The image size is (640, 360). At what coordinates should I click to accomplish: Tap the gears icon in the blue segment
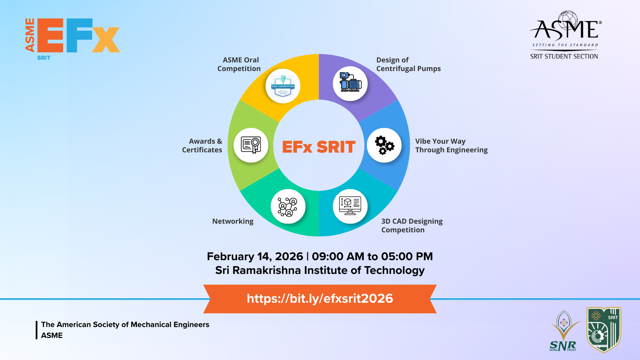pyautogui.click(x=384, y=145)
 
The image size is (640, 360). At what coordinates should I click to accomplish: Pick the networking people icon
pyautogui.click(x=288, y=207)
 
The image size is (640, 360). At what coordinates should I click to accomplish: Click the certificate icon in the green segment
pyautogui.click(x=251, y=145)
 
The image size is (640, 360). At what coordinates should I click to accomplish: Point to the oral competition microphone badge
pyautogui.click(x=283, y=86)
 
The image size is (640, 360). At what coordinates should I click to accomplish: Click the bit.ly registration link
pyautogui.click(x=320, y=299)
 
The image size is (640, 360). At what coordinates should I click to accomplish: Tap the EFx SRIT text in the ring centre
pyautogui.click(x=319, y=147)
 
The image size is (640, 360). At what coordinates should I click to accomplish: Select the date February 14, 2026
pyautogui.click(x=255, y=257)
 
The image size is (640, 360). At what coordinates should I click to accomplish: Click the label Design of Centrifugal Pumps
pyautogui.click(x=408, y=64)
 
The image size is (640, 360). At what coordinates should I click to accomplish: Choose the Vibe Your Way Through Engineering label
pyautogui.click(x=452, y=146)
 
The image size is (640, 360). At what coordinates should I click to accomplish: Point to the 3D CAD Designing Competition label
pyautogui.click(x=412, y=226)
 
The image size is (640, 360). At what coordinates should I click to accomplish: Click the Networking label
pyautogui.click(x=233, y=221)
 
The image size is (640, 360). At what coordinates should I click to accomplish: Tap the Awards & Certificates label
pyautogui.click(x=202, y=146)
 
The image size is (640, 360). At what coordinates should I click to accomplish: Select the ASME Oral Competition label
pyautogui.click(x=239, y=64)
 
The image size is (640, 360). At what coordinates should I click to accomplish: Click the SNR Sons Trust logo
pyautogui.click(x=564, y=331)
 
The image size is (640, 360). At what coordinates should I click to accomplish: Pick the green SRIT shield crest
pyautogui.click(x=604, y=330)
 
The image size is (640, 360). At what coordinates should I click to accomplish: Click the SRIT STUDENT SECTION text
pyautogui.click(x=564, y=57)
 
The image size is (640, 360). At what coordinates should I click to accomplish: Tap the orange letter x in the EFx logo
pyautogui.click(x=106, y=39)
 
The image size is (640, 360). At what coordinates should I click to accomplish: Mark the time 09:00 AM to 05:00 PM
pyautogui.click(x=372, y=257)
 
